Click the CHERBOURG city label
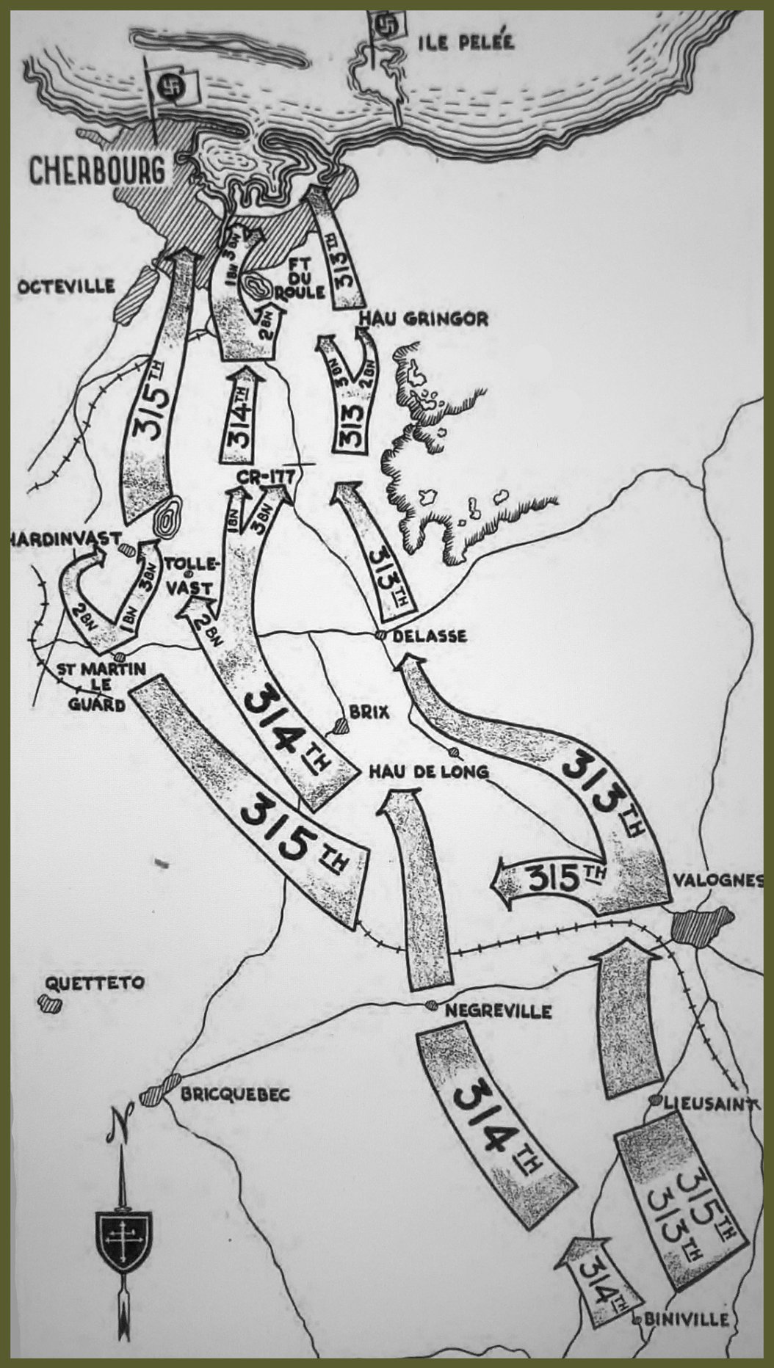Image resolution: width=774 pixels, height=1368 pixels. pos(97,170)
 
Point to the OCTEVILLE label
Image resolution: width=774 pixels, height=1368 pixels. pos(68,286)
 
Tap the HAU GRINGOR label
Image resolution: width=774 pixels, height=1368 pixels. pos(422,319)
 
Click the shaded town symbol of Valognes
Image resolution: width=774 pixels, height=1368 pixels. pos(701,927)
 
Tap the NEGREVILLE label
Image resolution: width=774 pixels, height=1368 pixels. pos(499,1011)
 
